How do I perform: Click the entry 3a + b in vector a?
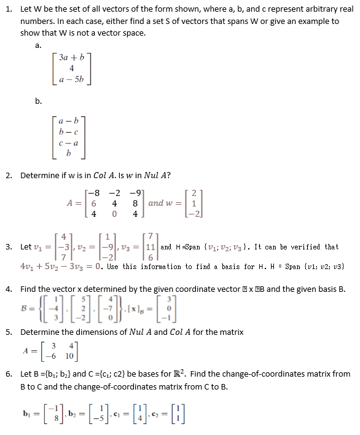pos(72,58)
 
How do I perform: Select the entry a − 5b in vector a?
pos(72,80)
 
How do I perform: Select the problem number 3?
pos(9,247)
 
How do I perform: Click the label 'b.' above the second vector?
pos(38,101)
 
